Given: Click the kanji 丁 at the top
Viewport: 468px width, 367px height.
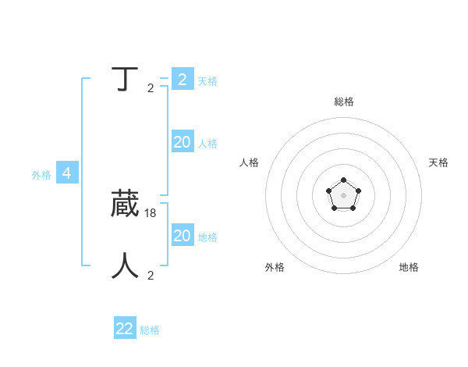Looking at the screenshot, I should coord(125,80).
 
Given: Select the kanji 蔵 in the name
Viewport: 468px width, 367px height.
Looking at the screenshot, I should coord(125,204).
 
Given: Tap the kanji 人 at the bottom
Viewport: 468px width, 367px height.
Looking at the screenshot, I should coord(125,265).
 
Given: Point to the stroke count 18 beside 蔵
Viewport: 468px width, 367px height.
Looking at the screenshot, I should coord(151,212).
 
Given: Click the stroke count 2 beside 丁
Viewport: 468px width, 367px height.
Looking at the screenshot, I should coord(151,87).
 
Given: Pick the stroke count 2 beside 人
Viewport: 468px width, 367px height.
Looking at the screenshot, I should coord(151,275).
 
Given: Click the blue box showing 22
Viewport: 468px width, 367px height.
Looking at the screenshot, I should coord(125,329).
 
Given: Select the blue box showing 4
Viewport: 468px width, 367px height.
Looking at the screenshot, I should coord(67,173).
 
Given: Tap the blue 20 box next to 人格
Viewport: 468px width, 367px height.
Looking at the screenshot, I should coord(182,142).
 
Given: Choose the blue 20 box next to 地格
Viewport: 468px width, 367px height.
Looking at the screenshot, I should coord(182,236).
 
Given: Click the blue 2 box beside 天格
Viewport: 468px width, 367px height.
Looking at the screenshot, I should coord(182,80).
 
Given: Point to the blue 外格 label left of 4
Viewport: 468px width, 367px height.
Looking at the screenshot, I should coord(41,175).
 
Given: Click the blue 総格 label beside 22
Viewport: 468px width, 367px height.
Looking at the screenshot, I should coord(150,330).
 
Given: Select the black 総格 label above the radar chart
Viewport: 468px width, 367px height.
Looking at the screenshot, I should coord(343,102).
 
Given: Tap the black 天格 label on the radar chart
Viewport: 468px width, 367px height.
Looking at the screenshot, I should coord(438,162).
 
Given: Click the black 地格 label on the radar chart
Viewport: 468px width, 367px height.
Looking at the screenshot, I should coord(409,267).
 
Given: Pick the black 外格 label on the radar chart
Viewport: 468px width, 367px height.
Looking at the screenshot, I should coord(275,267).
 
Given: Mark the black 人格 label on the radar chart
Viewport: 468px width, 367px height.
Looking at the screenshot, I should coord(250,162).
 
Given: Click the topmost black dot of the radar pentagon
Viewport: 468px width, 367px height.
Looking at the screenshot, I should coord(343,180).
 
